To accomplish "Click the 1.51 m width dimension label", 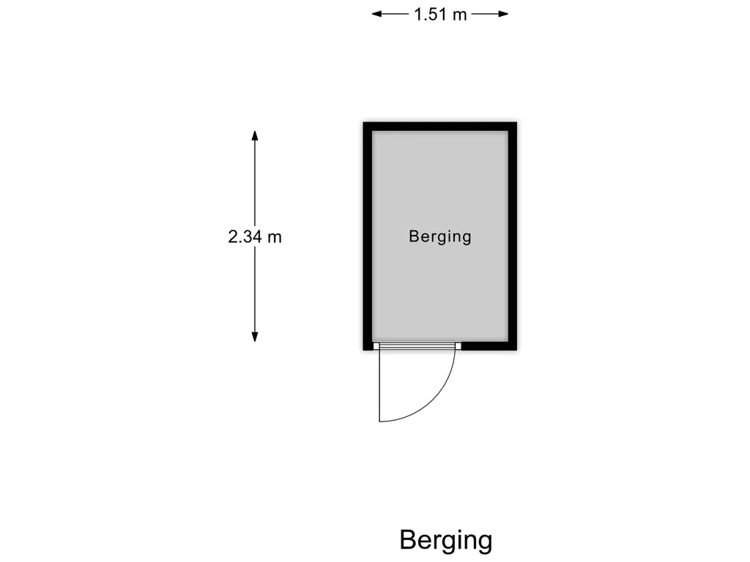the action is click(x=440, y=15).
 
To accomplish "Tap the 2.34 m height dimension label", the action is click(x=255, y=236).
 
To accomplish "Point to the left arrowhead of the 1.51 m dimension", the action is click(x=376, y=14).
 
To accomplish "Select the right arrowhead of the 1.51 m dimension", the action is click(x=504, y=14).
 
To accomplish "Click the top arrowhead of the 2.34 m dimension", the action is click(x=255, y=135).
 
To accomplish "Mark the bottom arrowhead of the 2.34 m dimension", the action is click(x=255, y=337).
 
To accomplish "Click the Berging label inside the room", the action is click(x=440, y=236).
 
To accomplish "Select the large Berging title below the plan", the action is click(x=446, y=541).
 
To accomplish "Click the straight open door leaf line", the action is click(x=379, y=385).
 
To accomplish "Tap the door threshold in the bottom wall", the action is click(x=417, y=346).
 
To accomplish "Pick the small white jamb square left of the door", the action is click(x=376, y=346).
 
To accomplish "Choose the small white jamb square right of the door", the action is click(x=458, y=346).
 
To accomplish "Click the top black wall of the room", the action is click(x=440, y=127).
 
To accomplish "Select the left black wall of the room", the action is click(x=368, y=236).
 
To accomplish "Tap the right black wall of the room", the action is click(x=512, y=236).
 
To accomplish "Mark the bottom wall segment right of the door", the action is click(x=489, y=346).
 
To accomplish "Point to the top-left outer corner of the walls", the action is click(x=363, y=122).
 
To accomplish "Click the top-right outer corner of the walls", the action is click(x=517, y=122).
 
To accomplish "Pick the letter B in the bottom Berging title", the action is click(x=408, y=539).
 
